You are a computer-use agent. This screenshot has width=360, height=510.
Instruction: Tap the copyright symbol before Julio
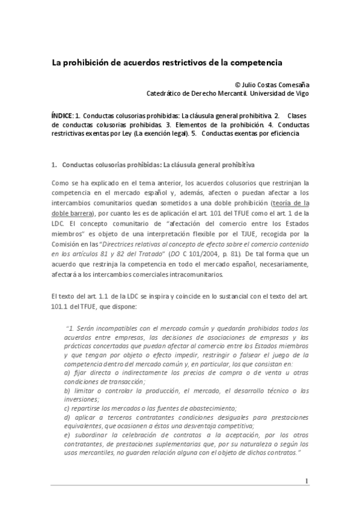pos(238,85)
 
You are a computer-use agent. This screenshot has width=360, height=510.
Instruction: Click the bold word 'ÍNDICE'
pos(61,115)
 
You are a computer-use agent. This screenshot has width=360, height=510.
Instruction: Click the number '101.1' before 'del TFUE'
pos(61,305)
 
